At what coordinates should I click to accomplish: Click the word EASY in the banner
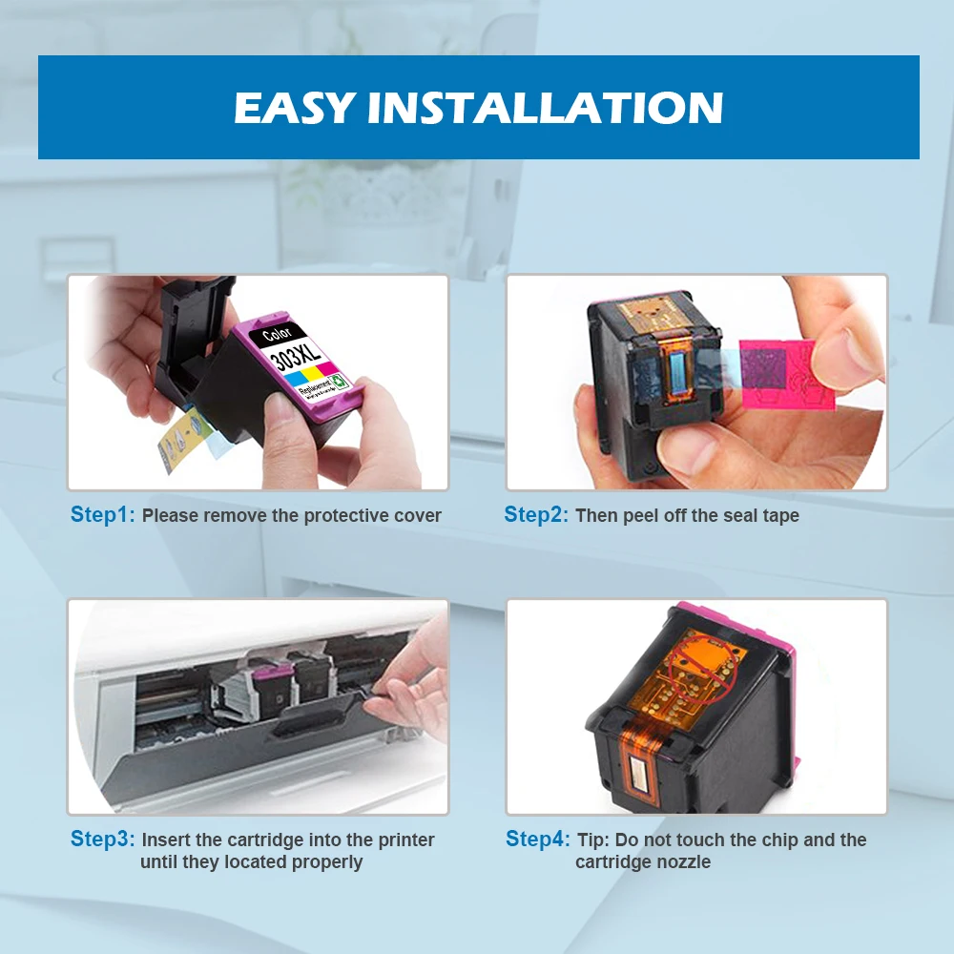click(294, 108)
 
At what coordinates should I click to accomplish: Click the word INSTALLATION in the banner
click(545, 108)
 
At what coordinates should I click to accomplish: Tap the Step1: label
click(102, 515)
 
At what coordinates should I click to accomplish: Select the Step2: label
click(535, 515)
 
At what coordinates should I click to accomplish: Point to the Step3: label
click(102, 839)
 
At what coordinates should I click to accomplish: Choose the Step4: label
click(537, 839)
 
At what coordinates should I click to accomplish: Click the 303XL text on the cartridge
click(295, 353)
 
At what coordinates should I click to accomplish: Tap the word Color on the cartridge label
click(277, 333)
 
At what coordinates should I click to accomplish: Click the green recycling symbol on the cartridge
click(341, 381)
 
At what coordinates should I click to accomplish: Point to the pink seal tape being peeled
click(780, 375)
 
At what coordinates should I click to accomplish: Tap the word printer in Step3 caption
click(406, 840)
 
